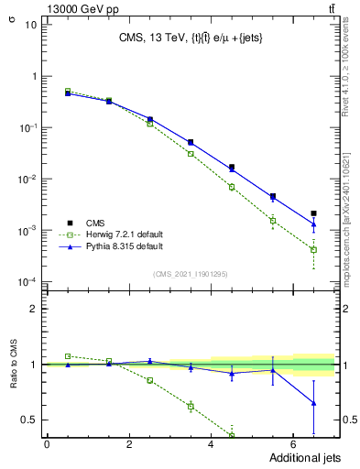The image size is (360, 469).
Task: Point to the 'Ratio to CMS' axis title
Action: coord(13,365)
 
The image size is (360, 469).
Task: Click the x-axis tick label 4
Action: coord(211,444)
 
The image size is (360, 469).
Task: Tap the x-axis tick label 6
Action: coord(292,444)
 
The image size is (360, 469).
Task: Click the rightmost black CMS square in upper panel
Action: coord(313,213)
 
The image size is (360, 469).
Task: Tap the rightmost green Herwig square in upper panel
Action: coord(313,249)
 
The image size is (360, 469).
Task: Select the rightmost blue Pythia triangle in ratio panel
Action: coord(313,403)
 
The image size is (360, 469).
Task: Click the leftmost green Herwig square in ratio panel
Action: coord(68,355)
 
